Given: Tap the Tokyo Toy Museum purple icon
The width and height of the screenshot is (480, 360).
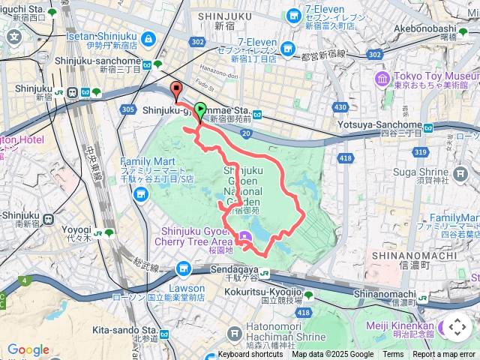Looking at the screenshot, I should click(x=382, y=78).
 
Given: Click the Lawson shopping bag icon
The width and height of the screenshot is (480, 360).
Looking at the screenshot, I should click(x=184, y=268).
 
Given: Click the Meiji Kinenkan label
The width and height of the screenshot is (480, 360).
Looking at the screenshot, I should click(x=400, y=325).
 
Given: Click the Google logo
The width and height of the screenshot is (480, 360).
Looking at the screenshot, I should click(x=28, y=349).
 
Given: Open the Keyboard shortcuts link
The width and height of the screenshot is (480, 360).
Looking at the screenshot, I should click(x=250, y=355).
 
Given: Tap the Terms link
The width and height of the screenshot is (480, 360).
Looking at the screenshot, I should click(x=393, y=355).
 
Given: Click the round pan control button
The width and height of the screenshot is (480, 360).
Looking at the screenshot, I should click(x=457, y=327).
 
